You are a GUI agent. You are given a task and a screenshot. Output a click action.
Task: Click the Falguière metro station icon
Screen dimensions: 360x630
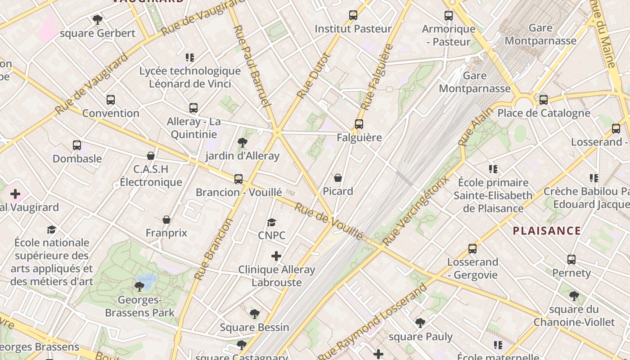(x=359, y=124)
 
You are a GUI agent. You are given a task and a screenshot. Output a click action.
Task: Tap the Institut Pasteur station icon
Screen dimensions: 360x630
(x=353, y=15)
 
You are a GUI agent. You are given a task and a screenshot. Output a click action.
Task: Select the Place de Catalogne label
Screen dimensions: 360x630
(x=544, y=112)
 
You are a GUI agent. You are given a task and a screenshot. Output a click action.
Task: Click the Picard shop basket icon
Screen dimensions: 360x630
(x=338, y=178)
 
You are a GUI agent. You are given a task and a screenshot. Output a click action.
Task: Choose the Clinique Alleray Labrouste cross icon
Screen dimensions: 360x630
(x=276, y=256)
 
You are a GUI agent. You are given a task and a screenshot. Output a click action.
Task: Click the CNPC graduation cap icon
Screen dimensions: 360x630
(x=271, y=222)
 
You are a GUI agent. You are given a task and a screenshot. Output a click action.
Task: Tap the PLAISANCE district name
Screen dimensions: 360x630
(x=547, y=231)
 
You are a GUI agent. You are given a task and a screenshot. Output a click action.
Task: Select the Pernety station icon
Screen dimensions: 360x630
(x=571, y=259)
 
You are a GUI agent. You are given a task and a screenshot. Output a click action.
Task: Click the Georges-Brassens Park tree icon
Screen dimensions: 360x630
(x=139, y=286)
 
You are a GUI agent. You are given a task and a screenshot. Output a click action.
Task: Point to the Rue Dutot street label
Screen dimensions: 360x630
(x=314, y=76)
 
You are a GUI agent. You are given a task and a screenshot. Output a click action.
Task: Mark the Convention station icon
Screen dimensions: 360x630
(x=111, y=99)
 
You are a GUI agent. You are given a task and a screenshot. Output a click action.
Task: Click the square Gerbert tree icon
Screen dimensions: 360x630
(x=97, y=19)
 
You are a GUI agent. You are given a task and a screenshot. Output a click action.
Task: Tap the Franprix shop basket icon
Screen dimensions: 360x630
(x=166, y=220)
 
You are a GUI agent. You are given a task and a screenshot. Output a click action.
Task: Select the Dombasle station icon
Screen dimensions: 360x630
(x=77, y=145)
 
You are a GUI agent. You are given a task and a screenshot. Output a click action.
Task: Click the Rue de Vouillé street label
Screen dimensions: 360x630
(x=328, y=220)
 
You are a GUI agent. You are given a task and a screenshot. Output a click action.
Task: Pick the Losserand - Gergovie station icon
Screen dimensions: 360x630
(x=472, y=248)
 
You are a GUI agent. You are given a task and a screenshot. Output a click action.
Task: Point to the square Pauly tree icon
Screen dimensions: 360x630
(x=420, y=323)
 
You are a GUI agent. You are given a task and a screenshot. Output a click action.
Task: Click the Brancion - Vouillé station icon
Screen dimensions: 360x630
(x=238, y=179)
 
